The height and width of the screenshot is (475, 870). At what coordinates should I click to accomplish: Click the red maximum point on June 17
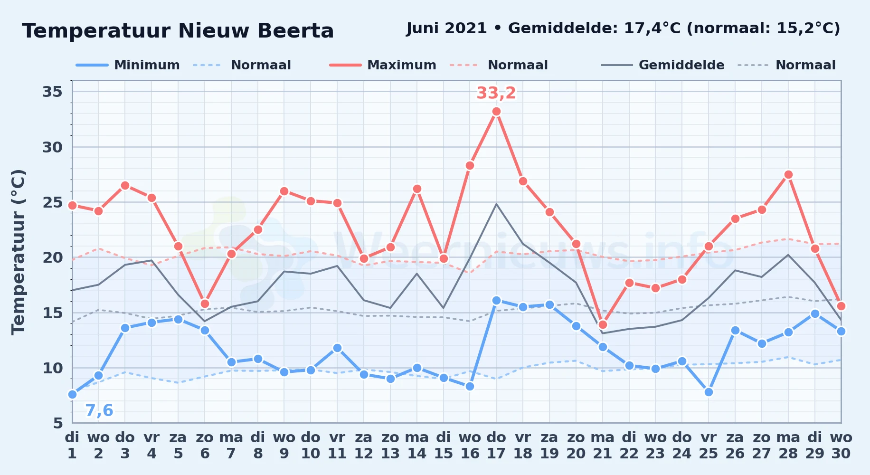click(x=496, y=112)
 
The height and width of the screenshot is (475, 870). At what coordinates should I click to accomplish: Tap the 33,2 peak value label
click(x=496, y=93)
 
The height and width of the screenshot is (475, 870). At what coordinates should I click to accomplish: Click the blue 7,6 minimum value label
click(x=99, y=410)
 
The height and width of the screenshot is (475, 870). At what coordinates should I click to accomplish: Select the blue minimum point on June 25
click(x=709, y=392)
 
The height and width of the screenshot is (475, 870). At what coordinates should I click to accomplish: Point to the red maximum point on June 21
click(x=603, y=324)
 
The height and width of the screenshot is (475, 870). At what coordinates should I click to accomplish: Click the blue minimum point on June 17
click(x=496, y=300)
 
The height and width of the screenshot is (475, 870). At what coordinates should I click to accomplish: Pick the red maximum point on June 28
click(x=788, y=174)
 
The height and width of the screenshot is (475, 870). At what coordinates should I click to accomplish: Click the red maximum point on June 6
click(x=205, y=304)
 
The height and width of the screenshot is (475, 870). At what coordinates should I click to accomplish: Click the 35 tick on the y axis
click(x=53, y=91)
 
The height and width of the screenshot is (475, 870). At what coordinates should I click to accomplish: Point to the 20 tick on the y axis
click(x=53, y=257)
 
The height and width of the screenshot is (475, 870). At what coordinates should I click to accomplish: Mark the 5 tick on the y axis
click(x=58, y=423)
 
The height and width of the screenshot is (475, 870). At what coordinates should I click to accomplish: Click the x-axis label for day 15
click(x=444, y=445)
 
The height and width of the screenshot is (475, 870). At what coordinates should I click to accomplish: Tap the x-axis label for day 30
click(x=841, y=445)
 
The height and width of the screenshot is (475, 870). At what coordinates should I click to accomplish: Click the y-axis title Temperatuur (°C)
click(x=19, y=252)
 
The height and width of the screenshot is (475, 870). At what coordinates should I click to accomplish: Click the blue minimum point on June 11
click(x=337, y=348)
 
